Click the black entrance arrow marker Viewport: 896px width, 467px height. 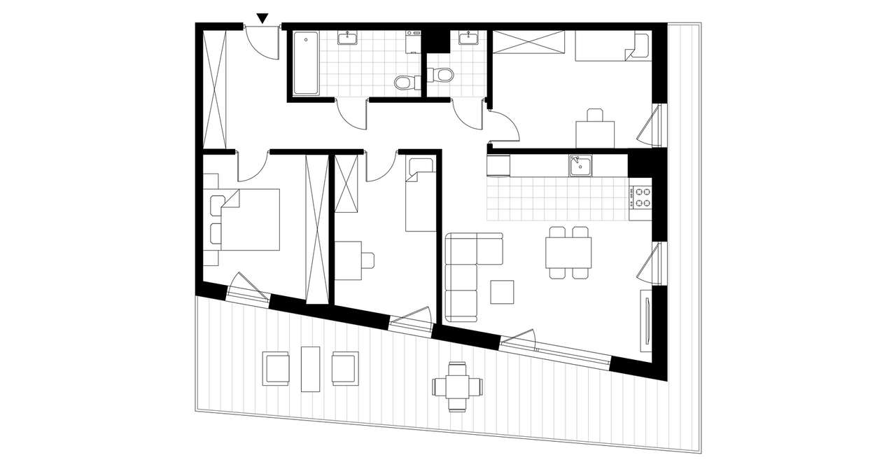[262, 18]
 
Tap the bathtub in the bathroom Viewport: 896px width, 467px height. [305, 63]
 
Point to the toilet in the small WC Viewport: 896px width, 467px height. [442, 74]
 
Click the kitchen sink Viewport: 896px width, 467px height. [580, 165]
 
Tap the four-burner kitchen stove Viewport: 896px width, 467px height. [640, 197]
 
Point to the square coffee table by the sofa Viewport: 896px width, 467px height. [502, 292]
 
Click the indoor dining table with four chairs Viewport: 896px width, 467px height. [568, 253]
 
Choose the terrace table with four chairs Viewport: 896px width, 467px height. [458, 386]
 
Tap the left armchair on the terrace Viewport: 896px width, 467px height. [276, 368]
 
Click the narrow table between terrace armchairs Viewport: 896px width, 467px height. [310, 368]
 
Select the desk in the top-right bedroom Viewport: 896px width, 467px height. [595, 134]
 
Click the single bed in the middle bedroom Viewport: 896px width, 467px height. [421, 195]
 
